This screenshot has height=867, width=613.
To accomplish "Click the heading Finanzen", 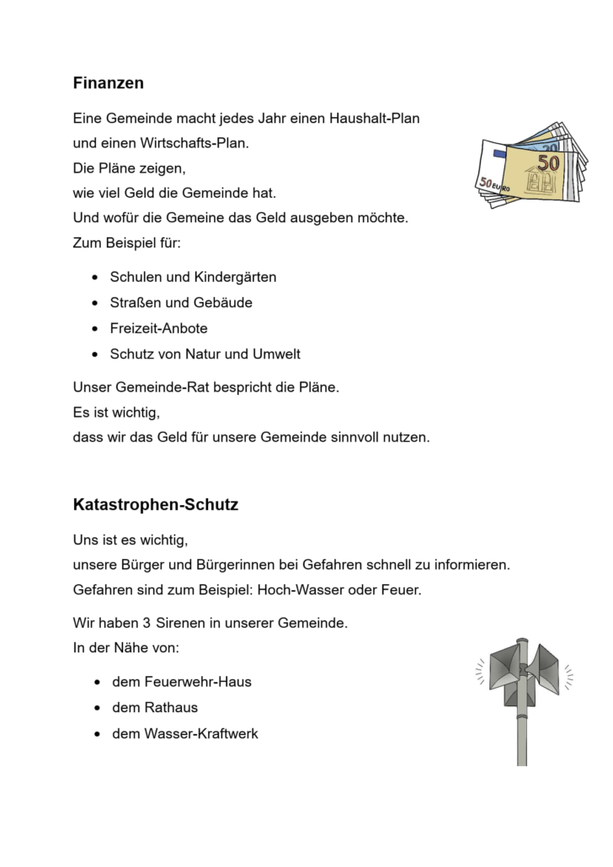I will [x=109, y=83].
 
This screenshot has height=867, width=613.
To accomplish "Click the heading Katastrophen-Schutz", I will [x=156, y=506].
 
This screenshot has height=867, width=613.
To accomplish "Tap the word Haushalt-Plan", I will [x=379, y=119].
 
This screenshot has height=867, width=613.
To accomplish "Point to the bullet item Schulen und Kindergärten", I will [x=193, y=277].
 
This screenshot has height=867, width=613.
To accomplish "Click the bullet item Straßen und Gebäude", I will [x=181, y=302].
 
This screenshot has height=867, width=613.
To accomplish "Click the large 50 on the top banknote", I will [x=548, y=162].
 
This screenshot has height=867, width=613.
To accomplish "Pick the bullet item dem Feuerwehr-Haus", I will [x=181, y=682].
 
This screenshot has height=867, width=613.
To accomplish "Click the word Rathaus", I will [x=172, y=708].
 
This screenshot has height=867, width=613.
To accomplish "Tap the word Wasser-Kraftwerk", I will [x=201, y=734].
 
